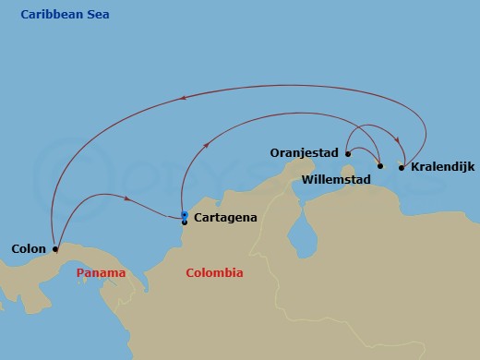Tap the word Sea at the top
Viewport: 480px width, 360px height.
pos(99,15)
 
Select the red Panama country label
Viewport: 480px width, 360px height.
pos(101,273)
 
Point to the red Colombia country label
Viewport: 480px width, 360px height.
pos(214,273)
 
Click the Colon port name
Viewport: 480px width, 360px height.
pos(29,249)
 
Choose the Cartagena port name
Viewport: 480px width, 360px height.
pos(224,218)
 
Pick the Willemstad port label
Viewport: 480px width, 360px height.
pos(340,180)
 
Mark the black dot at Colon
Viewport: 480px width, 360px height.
pos(55,248)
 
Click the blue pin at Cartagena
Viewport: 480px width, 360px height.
pos(185,215)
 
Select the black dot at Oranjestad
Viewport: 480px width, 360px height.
pos(348,154)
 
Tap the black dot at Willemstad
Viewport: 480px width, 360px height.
pos(380,166)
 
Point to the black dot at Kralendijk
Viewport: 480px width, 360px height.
pos(401,167)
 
